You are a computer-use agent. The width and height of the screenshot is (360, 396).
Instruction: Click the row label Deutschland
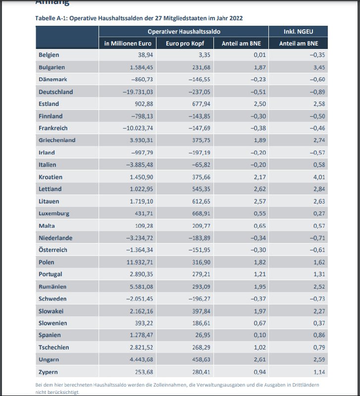[56, 92]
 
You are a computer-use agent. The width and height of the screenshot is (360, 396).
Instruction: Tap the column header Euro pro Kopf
[188, 44]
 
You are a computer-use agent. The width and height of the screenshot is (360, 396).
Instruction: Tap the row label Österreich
[53, 250]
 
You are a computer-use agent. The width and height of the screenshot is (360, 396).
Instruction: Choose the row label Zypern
[49, 372]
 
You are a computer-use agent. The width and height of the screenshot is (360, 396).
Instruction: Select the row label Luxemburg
[54, 213]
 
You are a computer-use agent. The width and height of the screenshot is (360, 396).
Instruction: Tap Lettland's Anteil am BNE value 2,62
[260, 189]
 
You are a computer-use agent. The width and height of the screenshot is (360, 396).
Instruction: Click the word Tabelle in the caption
[46, 18]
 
